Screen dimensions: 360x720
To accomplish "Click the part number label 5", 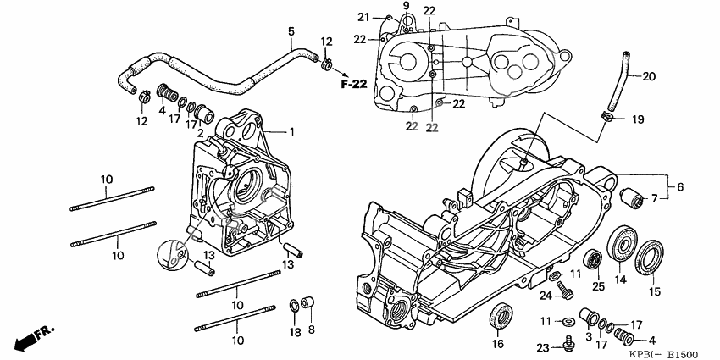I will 291,31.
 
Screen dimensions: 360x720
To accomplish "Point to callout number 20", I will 649,76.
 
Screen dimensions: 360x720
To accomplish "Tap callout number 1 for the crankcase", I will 291,132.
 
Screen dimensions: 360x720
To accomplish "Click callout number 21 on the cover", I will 363,17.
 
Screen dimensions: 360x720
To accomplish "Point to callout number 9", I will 406,7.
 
